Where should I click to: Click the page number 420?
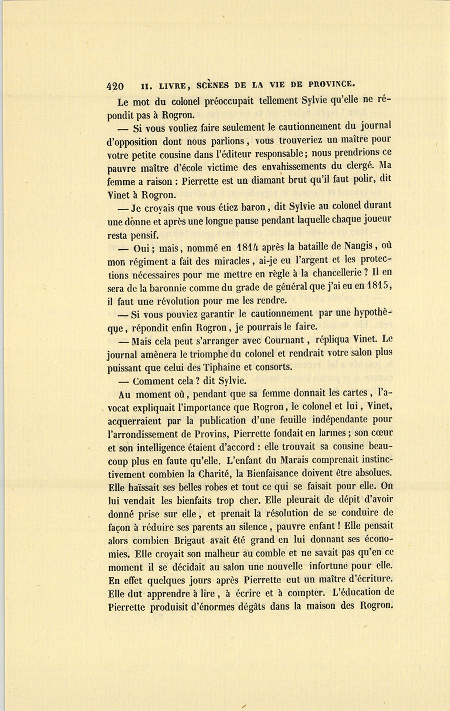(115, 85)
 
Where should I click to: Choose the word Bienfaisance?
(279, 474)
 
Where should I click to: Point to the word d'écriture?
(369, 580)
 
